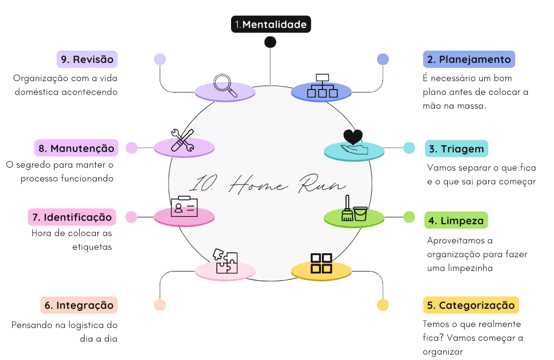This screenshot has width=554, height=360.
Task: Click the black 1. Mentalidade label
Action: pos(271,24)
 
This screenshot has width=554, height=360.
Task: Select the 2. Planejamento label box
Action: pos(469,60)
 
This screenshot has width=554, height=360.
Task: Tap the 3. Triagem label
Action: pos(456,149)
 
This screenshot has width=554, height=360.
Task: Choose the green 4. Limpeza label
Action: pos(456,221)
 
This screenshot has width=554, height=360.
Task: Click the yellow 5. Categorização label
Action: pos(471,305)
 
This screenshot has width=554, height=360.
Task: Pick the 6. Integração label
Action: pos(79,305)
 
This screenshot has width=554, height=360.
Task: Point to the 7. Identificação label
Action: pos(72,217)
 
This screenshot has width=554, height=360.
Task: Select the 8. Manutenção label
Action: pos(76,148)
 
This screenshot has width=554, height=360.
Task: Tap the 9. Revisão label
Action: pos(87,60)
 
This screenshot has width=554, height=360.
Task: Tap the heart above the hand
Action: pos(353,137)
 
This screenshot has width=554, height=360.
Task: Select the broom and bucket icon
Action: pos(354,210)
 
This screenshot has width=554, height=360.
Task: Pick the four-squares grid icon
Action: pos(321,263)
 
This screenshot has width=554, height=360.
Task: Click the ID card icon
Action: pos(184,207)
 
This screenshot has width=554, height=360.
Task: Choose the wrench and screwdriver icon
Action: pos(182,141)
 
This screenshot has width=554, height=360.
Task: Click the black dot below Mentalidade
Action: pos(270,42)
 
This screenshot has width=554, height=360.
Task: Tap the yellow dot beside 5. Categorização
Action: pos(383,305)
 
